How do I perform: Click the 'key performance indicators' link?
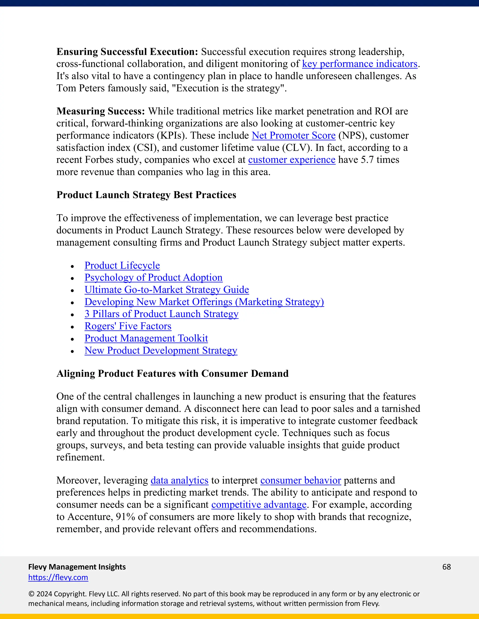(x=359, y=64)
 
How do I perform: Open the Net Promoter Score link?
(x=294, y=135)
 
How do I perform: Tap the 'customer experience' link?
(x=292, y=160)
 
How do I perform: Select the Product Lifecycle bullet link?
(x=122, y=266)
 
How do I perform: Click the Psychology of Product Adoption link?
(x=153, y=278)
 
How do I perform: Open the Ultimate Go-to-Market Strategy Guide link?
(x=167, y=290)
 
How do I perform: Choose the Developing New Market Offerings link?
(x=204, y=302)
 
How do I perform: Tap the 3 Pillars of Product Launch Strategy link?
(x=161, y=314)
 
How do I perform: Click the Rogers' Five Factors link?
(x=128, y=326)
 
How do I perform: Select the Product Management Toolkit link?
(x=146, y=338)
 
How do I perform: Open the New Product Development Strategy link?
(x=161, y=351)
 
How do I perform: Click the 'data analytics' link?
(x=179, y=480)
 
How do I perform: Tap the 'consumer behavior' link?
(x=301, y=480)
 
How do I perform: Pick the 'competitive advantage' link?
(x=259, y=505)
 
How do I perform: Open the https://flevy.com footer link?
(x=58, y=577)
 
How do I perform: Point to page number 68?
(x=446, y=567)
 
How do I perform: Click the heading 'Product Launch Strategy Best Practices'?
(x=146, y=195)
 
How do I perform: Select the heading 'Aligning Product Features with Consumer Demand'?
(x=172, y=374)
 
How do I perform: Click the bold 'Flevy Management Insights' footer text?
(x=77, y=567)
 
